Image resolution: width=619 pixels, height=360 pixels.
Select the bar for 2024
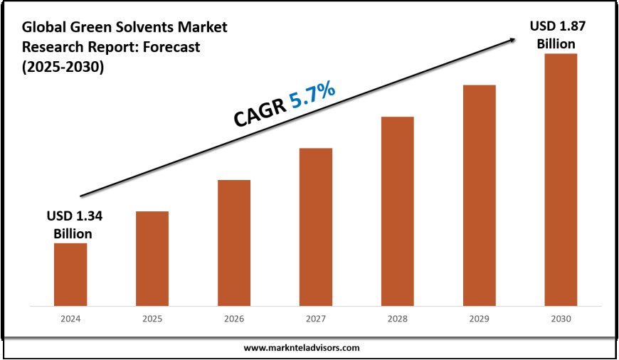click(70, 275)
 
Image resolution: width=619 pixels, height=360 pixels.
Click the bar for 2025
click(152, 259)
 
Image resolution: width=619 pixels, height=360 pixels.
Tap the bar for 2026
click(234, 243)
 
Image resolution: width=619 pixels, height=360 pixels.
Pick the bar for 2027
click(316, 227)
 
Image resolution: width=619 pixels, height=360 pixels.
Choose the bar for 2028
click(398, 211)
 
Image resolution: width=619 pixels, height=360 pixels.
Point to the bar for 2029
click(480, 196)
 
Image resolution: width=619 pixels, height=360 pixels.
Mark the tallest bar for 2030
click(561, 179)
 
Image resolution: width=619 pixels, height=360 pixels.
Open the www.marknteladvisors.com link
click(302, 348)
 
